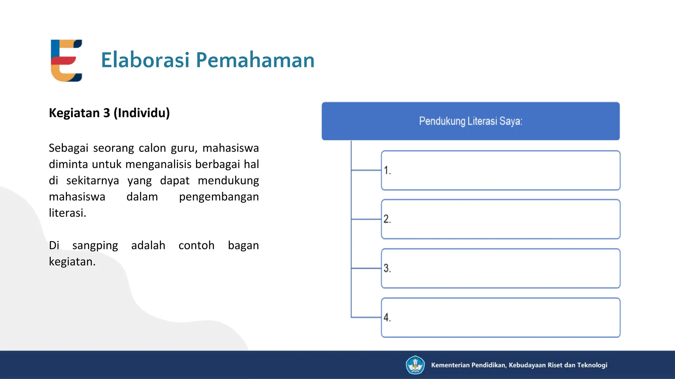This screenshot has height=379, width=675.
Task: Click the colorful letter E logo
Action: click(66, 61)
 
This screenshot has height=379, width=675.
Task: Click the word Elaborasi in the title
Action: click(145, 60)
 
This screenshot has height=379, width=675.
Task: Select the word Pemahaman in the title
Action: click(255, 60)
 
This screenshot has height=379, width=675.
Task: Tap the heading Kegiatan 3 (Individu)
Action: click(109, 113)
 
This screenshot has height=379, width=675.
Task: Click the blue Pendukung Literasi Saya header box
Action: click(470, 121)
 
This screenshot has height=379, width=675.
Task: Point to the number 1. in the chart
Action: click(387, 170)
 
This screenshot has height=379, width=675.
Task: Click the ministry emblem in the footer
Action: click(415, 365)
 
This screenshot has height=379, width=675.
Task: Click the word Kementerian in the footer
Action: click(450, 365)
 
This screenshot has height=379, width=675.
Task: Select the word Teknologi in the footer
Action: click(592, 365)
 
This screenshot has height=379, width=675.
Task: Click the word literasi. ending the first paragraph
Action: click(68, 213)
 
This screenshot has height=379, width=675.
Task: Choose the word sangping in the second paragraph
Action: click(95, 245)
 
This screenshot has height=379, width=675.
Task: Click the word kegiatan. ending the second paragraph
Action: click(72, 262)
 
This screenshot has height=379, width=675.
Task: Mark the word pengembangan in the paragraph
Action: click(219, 197)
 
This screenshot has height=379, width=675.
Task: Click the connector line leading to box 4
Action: click(366, 317)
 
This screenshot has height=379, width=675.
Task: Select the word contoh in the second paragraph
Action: click(196, 245)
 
